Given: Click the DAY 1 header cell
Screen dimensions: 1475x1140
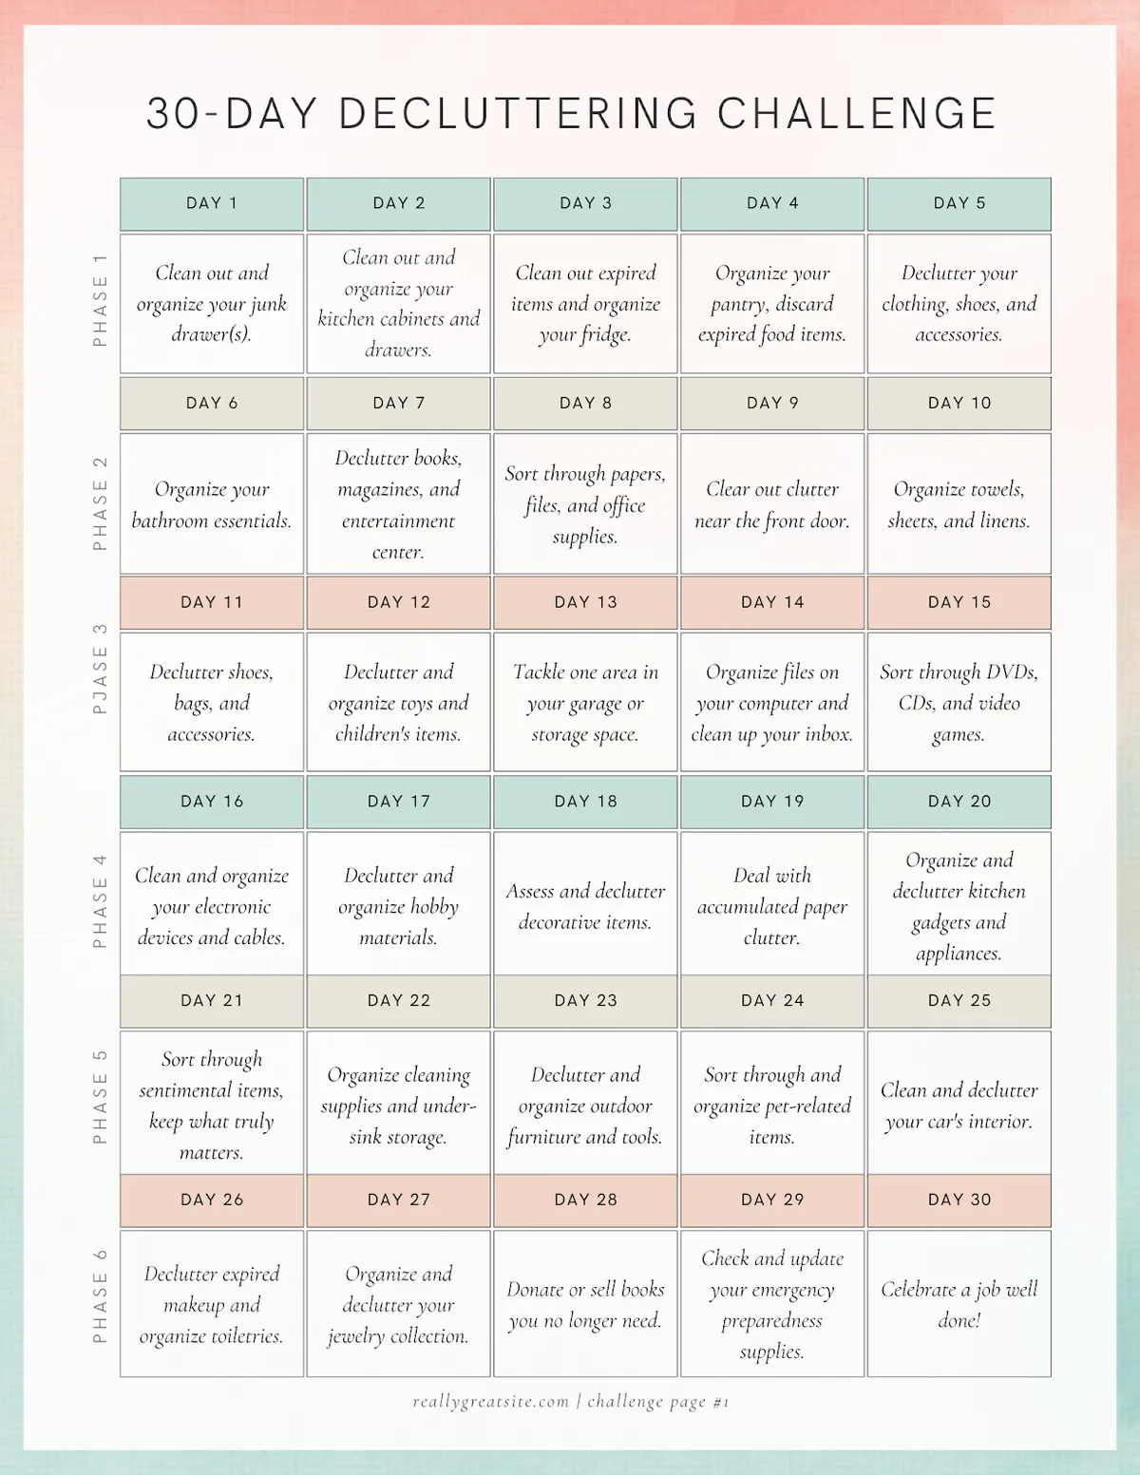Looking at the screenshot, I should click(x=212, y=203).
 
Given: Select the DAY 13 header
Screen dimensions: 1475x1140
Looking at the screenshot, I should click(x=585, y=602).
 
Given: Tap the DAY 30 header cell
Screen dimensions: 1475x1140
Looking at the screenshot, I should click(x=959, y=1200).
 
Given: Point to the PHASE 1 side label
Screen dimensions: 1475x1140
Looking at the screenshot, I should click(x=100, y=300).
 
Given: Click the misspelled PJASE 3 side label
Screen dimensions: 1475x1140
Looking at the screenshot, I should click(x=100, y=670).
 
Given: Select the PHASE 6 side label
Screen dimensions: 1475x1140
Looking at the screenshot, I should click(x=100, y=1296).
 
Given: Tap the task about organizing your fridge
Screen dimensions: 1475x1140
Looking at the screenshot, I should click(x=585, y=304).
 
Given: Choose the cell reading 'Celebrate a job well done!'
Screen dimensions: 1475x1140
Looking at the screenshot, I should click(x=959, y=1304).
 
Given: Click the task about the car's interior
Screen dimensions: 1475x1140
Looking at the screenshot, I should click(x=959, y=1106).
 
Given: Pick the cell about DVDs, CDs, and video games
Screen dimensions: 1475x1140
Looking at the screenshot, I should click(x=959, y=703).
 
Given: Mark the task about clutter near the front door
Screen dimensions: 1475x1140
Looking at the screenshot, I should click(x=772, y=504).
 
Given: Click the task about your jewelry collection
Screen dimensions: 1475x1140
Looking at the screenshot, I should click(x=398, y=1304).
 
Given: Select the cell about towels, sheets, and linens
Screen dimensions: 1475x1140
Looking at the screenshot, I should click(x=959, y=504).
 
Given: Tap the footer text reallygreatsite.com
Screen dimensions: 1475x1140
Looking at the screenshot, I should click(x=491, y=1402).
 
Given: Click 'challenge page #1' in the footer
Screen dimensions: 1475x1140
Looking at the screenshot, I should click(x=658, y=1402).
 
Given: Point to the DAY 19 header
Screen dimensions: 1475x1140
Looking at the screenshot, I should click(x=772, y=802).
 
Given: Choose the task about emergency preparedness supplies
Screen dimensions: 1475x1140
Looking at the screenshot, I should click(x=772, y=1304).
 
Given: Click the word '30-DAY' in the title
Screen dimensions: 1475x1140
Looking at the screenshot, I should click(x=230, y=114).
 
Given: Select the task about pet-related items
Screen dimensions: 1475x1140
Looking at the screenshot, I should click(x=772, y=1106).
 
